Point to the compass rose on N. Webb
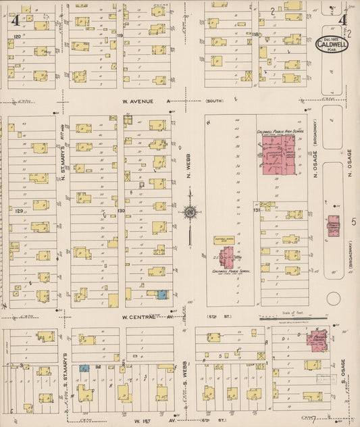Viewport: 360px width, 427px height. tap(190, 212)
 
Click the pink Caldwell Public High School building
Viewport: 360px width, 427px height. tap(279, 153)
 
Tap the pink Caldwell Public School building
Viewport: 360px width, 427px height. tap(226, 257)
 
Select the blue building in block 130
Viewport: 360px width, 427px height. tap(162, 294)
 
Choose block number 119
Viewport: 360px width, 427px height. tap(120, 34)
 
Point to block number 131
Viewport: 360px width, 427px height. tap(257, 211)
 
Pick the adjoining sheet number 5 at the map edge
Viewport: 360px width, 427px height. tap(354, 221)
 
